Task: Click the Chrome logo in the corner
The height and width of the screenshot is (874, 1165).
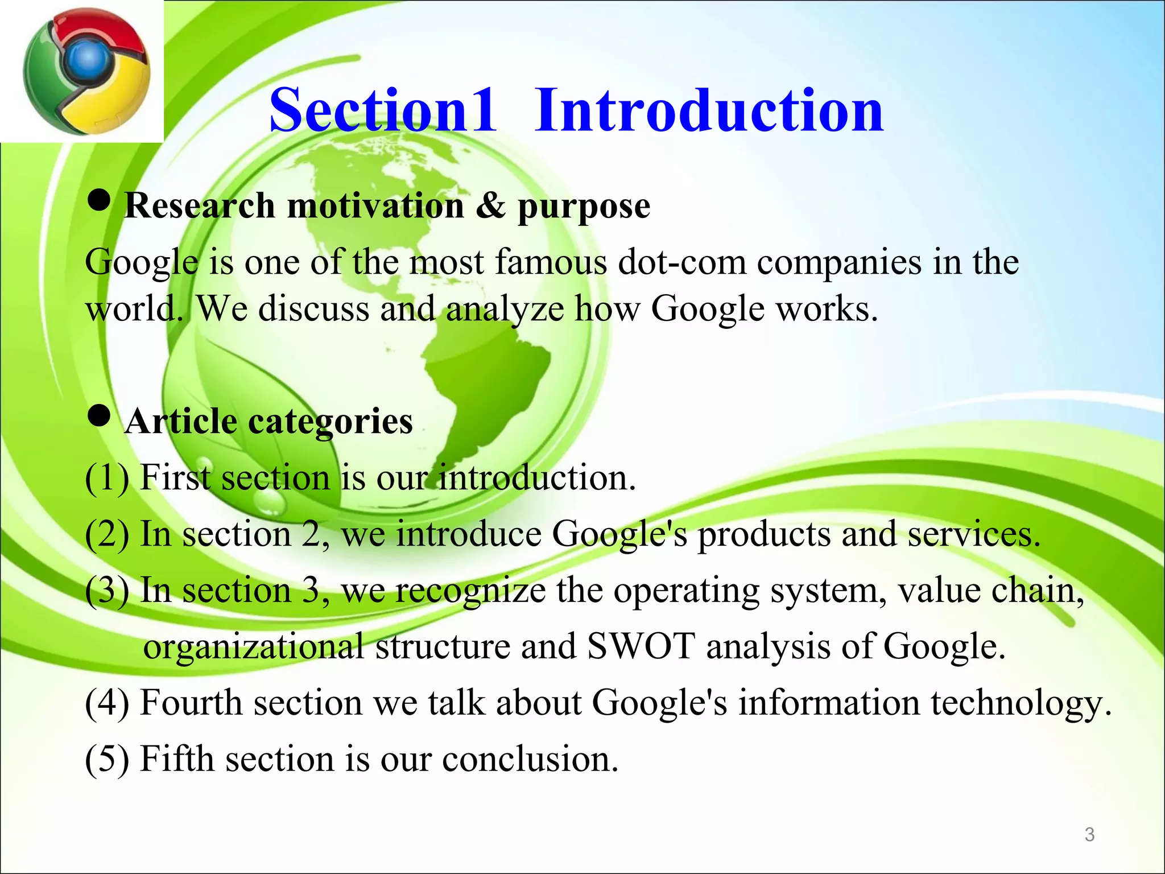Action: (x=85, y=71)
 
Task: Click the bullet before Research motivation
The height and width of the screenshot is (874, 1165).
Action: (x=99, y=202)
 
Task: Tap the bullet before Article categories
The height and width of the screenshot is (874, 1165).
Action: (x=99, y=417)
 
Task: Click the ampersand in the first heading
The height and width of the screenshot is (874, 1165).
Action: (x=490, y=205)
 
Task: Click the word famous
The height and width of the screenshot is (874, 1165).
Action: (x=551, y=263)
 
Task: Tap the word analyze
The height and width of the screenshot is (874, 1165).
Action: (x=505, y=311)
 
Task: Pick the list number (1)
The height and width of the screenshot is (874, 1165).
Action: (x=107, y=477)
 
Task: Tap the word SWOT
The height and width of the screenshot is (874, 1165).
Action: (x=641, y=646)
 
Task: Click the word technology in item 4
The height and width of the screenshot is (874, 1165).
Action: (x=1021, y=703)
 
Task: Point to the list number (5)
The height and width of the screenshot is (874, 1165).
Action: (x=107, y=759)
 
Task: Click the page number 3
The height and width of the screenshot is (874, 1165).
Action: (x=1089, y=835)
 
